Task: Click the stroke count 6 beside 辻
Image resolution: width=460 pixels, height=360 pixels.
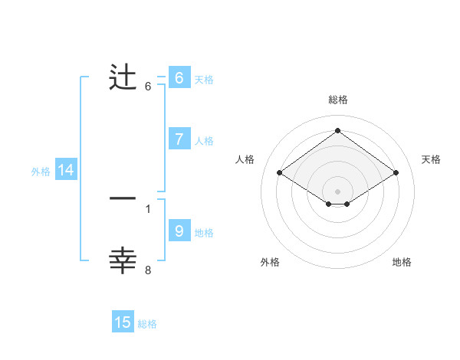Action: point(148,87)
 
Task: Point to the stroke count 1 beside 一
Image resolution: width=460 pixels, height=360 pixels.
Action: point(148,208)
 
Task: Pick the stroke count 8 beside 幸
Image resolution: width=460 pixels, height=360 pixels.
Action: point(148,270)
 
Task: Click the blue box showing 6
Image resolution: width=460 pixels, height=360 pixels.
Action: point(179,78)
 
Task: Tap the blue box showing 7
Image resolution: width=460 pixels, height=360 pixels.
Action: point(179,139)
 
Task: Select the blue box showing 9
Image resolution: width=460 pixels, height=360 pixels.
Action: point(179,231)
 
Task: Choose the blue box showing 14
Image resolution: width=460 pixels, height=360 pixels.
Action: point(66,171)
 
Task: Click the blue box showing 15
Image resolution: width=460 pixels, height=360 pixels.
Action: point(123,323)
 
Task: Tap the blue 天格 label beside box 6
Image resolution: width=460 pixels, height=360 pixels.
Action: point(204,79)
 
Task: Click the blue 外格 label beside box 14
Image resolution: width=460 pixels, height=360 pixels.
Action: point(41,172)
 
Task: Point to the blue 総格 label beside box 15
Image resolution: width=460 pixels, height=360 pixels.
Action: point(147,324)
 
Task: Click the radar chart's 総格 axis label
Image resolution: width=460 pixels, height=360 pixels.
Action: point(338,100)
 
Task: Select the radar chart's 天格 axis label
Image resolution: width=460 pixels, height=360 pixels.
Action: point(432,159)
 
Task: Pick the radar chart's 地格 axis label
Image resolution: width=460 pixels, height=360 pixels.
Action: point(402,262)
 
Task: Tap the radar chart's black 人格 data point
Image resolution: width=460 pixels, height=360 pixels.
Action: point(280,173)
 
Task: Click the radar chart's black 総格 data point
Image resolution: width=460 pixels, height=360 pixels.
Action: point(338,130)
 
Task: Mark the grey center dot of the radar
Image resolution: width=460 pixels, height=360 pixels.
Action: point(338,191)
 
